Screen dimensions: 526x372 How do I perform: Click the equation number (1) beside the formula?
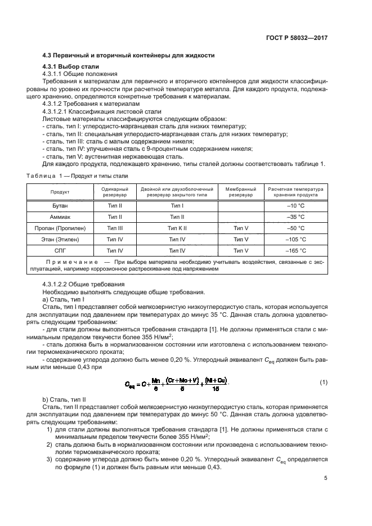pyautogui.click(x=323, y=383)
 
